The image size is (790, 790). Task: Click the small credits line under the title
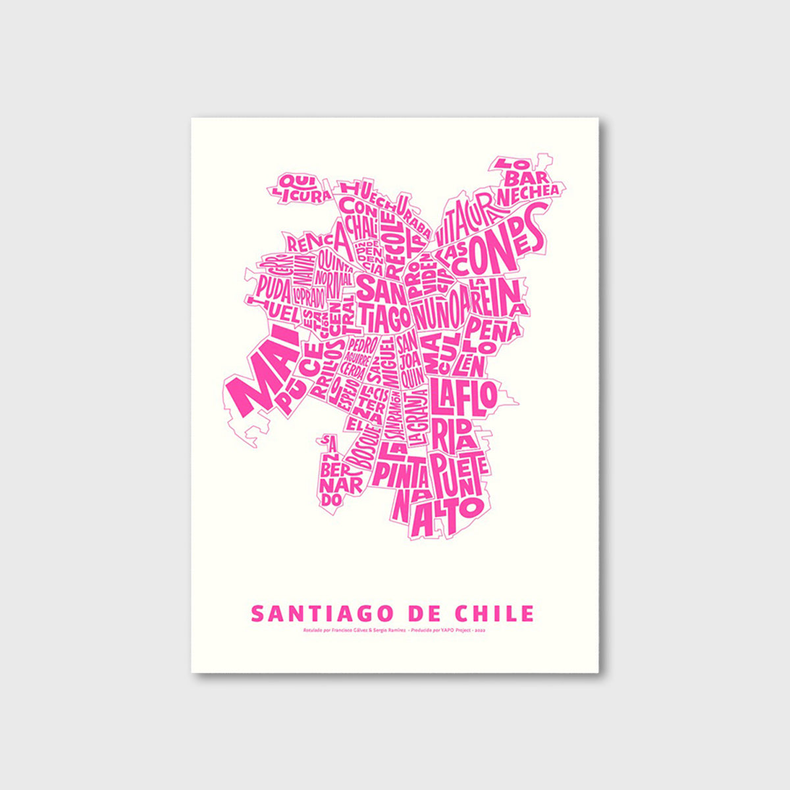394,631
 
